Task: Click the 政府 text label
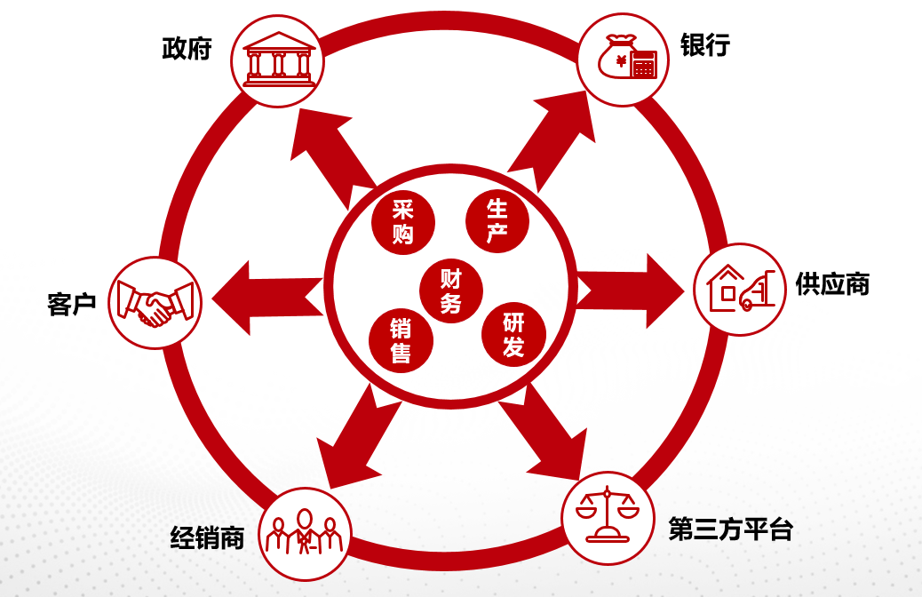click(x=187, y=48)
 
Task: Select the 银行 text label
click(x=705, y=45)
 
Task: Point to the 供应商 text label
click(x=832, y=284)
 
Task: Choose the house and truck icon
click(x=739, y=290)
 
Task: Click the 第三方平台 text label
click(x=730, y=530)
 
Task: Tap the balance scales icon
click(x=608, y=517)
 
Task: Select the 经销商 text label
click(x=207, y=537)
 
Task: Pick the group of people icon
click(x=305, y=534)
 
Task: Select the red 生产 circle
click(x=497, y=220)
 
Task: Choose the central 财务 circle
click(x=451, y=291)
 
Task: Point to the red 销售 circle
click(x=401, y=341)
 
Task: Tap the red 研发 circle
click(x=513, y=334)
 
